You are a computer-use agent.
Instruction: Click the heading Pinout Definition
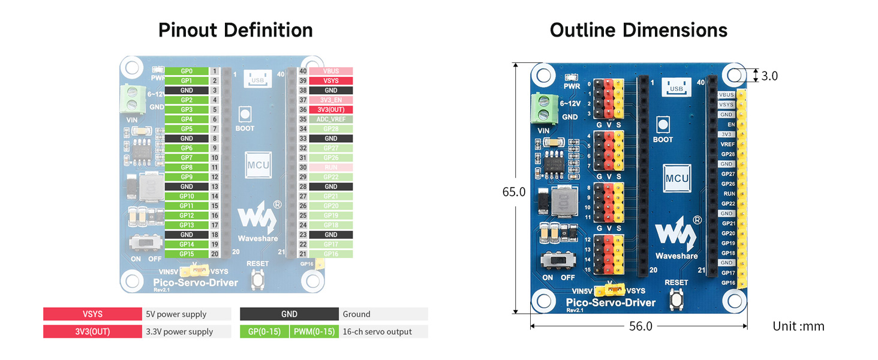pyautogui.click(x=235, y=30)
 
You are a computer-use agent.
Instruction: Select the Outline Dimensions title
pyautogui.click(x=639, y=30)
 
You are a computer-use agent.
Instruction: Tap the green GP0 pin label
pyautogui.click(x=187, y=71)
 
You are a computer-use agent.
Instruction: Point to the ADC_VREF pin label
pyautogui.click(x=331, y=119)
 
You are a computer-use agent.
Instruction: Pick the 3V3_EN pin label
pyautogui.click(x=331, y=100)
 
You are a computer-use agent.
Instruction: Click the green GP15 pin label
pyautogui.click(x=187, y=254)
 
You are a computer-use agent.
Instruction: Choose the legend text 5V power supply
pyautogui.click(x=176, y=314)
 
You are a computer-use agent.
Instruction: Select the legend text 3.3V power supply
pyautogui.click(x=179, y=331)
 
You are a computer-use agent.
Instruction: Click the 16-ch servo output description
pyautogui.click(x=377, y=331)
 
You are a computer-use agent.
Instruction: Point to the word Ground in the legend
pyautogui.click(x=356, y=314)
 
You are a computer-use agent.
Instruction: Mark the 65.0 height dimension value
pyautogui.click(x=514, y=192)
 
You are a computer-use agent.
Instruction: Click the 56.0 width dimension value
pyautogui.click(x=640, y=326)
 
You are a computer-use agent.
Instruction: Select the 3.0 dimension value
pyautogui.click(x=769, y=76)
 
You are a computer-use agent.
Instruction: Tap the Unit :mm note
pyautogui.click(x=798, y=326)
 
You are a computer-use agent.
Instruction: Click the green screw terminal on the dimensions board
pyautogui.click(x=545, y=108)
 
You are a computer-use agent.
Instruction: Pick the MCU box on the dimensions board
pyautogui.click(x=677, y=178)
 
